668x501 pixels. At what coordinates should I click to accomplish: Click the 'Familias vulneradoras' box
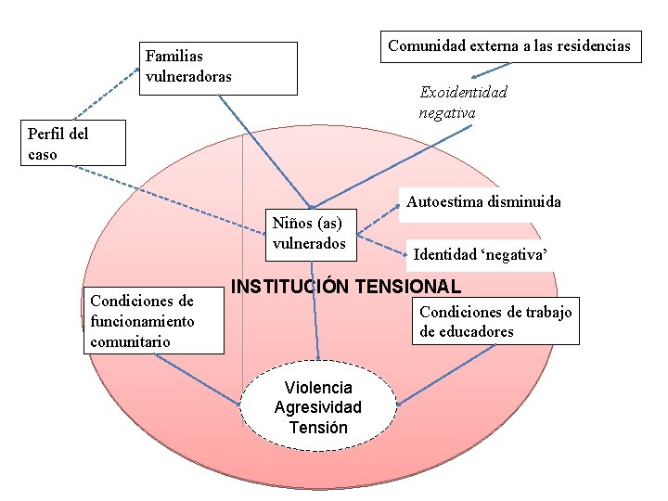click(219, 68)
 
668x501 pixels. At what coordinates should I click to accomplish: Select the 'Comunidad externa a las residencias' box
click(510, 45)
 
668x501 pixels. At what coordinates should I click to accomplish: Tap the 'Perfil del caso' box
click(72, 144)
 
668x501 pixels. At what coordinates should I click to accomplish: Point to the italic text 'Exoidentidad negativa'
click(463, 103)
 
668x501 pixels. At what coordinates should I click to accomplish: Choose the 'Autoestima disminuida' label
click(483, 201)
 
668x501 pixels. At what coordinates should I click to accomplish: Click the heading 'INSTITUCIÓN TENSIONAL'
click(345, 286)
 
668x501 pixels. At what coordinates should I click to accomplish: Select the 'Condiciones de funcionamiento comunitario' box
click(154, 321)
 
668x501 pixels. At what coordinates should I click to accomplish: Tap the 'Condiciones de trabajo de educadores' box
click(496, 321)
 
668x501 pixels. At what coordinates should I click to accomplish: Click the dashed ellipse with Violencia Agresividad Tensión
click(318, 406)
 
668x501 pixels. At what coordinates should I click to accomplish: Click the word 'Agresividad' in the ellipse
click(318, 407)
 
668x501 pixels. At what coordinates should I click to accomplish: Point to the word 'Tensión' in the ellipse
click(318, 428)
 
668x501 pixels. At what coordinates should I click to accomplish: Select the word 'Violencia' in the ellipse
click(318, 387)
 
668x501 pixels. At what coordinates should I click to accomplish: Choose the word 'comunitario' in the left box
click(130, 341)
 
